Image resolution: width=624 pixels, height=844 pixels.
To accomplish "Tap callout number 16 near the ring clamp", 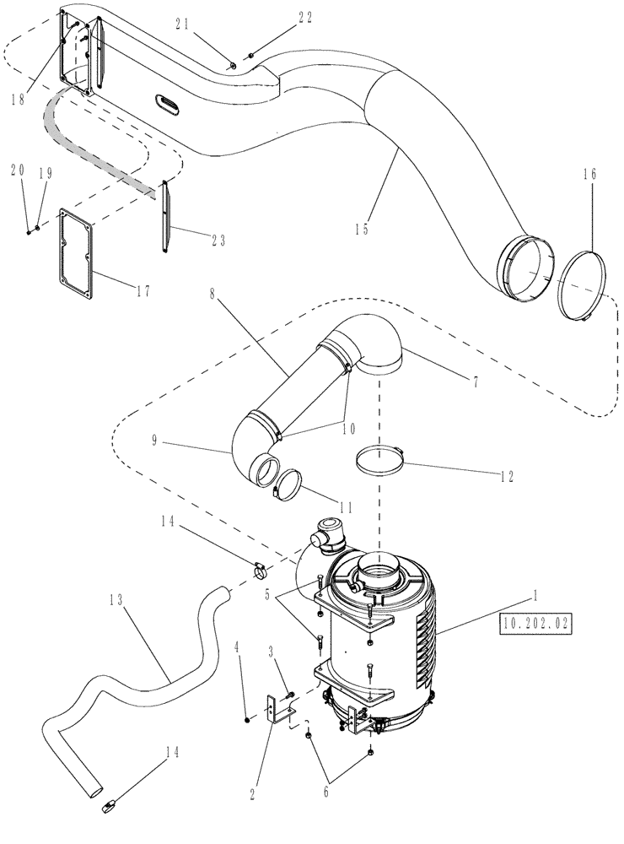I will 589,174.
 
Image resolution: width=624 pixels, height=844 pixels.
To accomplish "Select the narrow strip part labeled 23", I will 164,215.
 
